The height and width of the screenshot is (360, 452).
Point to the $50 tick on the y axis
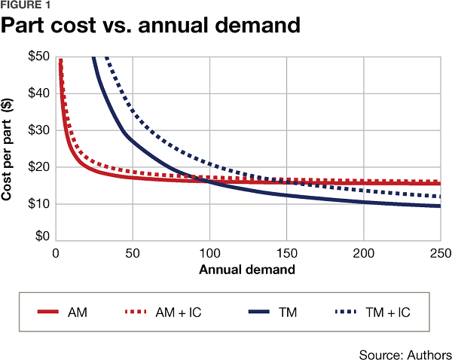pyautogui.click(x=38, y=57)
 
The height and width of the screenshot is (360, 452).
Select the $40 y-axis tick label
pyautogui.click(x=38, y=93)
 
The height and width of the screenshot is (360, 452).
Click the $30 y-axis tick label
pyautogui.click(x=38, y=130)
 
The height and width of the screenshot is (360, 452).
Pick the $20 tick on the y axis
pyautogui.click(x=38, y=166)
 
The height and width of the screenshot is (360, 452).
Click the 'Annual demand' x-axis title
pyautogui.click(x=247, y=269)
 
